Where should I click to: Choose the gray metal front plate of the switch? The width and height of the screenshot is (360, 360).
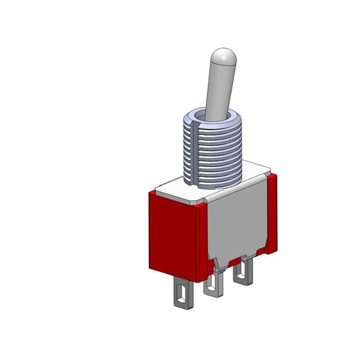(237, 222)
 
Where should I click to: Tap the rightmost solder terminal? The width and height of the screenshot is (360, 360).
(242, 273)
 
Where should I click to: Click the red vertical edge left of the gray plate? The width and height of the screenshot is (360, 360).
(202, 240)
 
